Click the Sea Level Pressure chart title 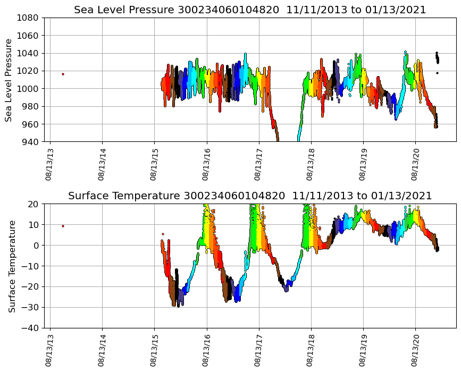(x=250, y=10)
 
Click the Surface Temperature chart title (x=250, y=196)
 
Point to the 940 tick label (x=30, y=142)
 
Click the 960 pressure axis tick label (x=30, y=124)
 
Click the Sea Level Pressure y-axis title (x=9, y=80)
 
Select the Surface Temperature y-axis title (x=12, y=266)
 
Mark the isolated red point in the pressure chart (x=63, y=74)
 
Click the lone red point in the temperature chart (x=63, y=226)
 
